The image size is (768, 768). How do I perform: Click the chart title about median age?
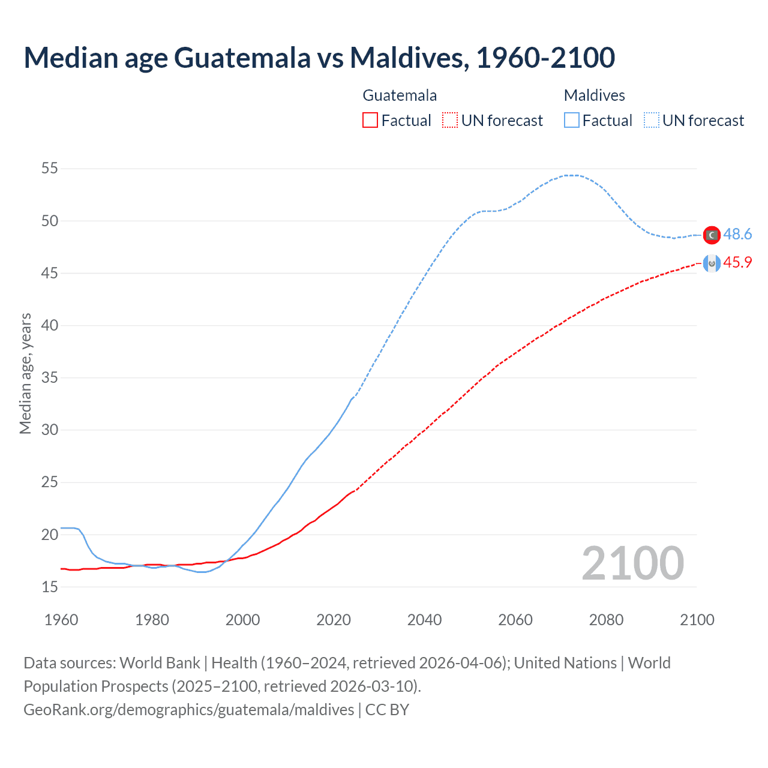[319, 58]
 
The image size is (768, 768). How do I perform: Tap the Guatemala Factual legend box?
[370, 121]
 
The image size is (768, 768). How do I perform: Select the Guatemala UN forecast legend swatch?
[450, 121]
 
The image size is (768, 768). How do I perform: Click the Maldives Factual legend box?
[572, 121]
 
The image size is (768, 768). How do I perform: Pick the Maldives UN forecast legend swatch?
[652, 121]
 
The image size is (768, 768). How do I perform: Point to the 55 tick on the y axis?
[50, 169]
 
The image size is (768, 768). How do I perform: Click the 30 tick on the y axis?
[50, 430]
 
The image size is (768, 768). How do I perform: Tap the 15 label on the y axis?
[50, 587]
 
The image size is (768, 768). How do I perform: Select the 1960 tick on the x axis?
[61, 620]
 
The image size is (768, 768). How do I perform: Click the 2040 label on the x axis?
[424, 620]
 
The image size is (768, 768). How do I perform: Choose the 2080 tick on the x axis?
[606, 620]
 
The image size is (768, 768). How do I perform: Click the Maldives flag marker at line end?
[712, 235]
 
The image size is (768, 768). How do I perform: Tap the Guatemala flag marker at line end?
[712, 263]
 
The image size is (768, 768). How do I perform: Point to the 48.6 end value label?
[737, 235]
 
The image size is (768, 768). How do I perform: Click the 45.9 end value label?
[737, 263]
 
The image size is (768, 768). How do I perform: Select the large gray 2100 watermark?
[632, 563]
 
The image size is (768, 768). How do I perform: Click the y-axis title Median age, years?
[25, 373]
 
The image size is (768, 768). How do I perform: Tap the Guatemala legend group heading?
[400, 95]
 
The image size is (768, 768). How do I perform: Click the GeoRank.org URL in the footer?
[189, 710]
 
